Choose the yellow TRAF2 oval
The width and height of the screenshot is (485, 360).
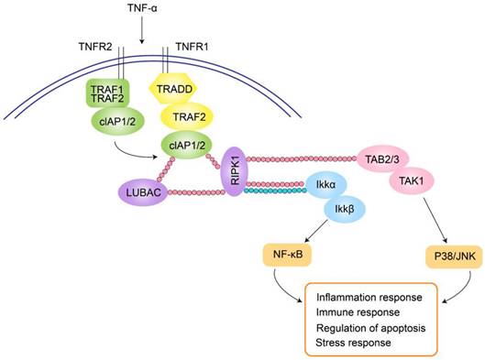[187, 116]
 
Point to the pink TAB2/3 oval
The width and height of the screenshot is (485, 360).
[380, 158]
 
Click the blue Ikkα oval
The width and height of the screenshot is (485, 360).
[326, 186]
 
